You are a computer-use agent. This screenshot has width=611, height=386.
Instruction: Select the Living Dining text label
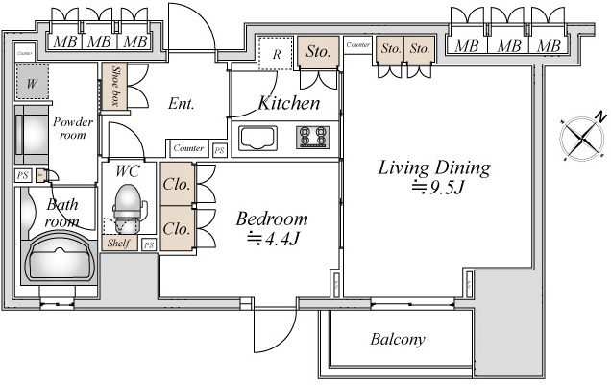433,169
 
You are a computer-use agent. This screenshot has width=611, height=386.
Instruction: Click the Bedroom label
272,219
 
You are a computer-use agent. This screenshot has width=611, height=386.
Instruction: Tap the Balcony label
398,340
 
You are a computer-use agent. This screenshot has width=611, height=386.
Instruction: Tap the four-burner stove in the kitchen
313,138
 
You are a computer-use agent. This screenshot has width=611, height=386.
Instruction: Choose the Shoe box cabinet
113,86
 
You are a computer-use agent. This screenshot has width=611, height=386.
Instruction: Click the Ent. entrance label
182,104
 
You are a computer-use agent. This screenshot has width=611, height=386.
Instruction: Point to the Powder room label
73,128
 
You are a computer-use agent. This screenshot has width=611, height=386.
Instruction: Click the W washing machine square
33,84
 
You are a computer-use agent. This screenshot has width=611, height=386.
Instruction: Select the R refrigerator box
276,54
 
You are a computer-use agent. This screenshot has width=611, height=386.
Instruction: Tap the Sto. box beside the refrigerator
318,54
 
